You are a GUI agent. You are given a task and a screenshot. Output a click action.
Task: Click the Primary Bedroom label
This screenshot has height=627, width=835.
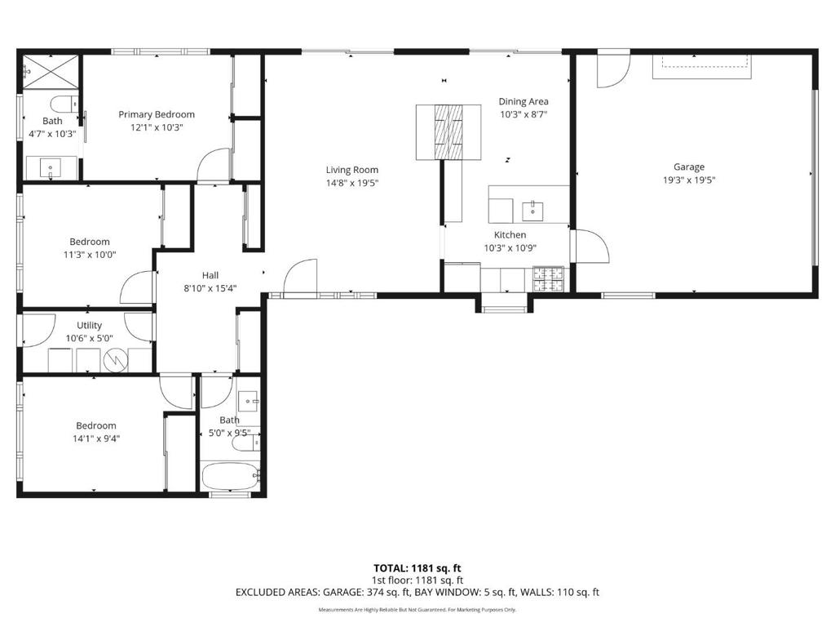(157, 114)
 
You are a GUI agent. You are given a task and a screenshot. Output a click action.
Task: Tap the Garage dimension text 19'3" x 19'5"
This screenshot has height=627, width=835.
(689, 180)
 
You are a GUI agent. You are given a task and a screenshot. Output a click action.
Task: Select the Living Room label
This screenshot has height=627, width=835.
(352, 170)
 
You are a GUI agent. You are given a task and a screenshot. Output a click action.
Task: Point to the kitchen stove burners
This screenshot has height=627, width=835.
(549, 279)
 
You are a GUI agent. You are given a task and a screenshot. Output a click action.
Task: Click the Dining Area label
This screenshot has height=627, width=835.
(524, 101)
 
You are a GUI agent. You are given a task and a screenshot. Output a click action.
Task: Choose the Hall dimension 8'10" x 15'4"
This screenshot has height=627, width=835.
(210, 288)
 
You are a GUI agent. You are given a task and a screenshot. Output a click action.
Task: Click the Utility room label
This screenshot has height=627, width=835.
(90, 325)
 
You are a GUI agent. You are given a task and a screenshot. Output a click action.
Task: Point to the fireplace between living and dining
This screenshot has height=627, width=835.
(448, 131)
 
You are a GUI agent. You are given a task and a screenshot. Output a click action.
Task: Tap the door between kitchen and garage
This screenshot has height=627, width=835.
(589, 247)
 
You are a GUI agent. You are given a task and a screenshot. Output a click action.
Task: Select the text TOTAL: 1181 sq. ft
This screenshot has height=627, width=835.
(417, 567)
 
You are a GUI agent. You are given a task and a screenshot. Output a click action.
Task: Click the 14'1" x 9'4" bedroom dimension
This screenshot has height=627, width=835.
(96, 438)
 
